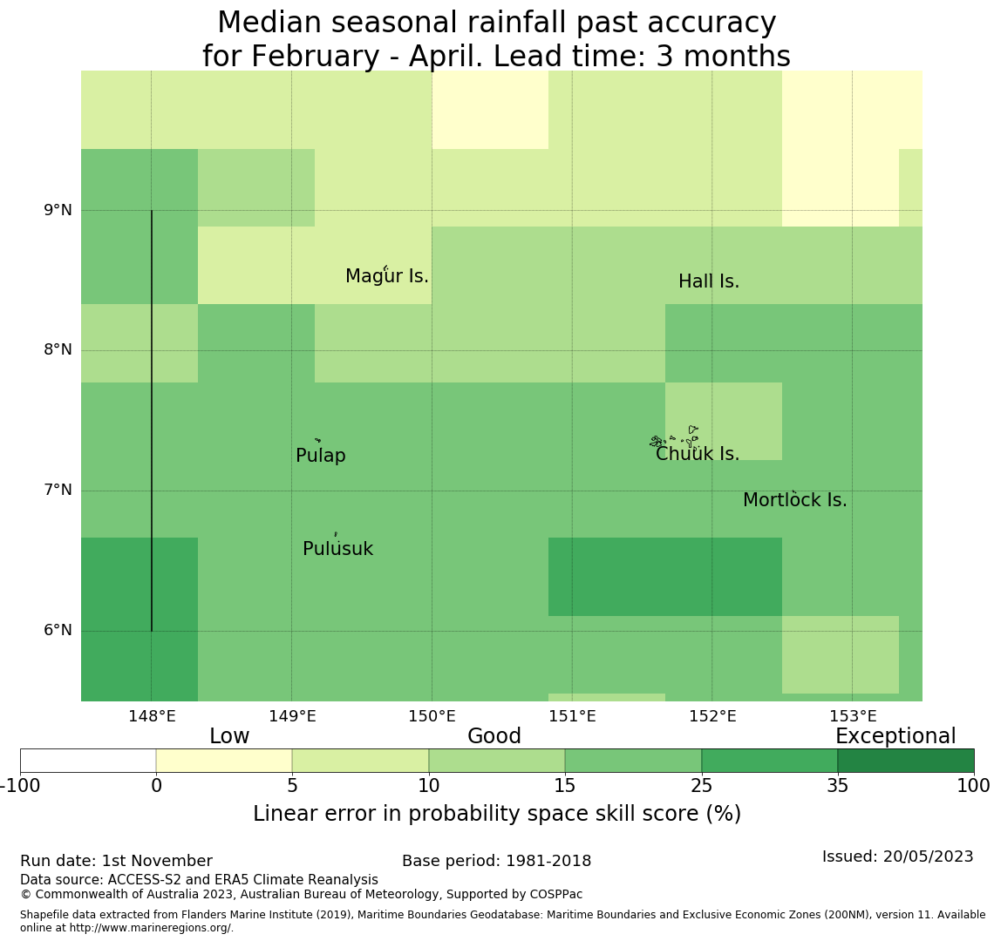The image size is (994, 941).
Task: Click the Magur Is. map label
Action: (x=386, y=276)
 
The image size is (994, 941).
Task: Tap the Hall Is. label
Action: (x=708, y=281)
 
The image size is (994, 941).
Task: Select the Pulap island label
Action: (x=320, y=456)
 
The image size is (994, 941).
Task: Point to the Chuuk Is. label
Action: (x=697, y=454)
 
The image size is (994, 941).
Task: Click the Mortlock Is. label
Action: (x=794, y=500)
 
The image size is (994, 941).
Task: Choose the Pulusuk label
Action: (x=337, y=549)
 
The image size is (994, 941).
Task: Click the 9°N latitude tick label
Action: (x=58, y=210)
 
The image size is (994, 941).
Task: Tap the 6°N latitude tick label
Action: (x=58, y=630)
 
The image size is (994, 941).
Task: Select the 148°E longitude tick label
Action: (x=152, y=716)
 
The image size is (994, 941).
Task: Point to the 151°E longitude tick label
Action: (x=572, y=716)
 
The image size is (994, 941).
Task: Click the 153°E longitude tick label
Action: (x=852, y=716)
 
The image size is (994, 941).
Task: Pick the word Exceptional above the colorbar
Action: (x=895, y=736)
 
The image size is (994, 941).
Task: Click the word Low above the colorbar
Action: (x=229, y=736)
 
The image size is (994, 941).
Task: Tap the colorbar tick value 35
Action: (x=837, y=786)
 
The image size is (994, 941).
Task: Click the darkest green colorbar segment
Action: (x=905, y=761)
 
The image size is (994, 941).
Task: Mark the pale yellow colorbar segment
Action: (x=224, y=761)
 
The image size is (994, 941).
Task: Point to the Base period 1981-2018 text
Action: (x=496, y=861)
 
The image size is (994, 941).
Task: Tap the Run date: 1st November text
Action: (x=116, y=861)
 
